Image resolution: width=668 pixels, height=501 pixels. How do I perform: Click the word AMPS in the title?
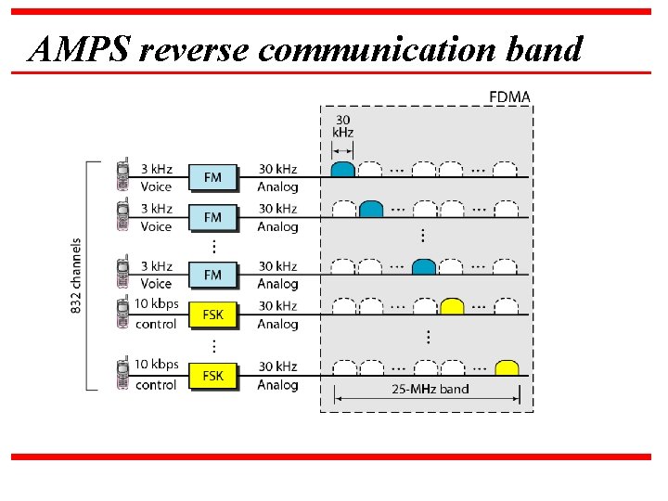pos(79,48)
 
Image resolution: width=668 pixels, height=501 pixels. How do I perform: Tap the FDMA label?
pos(509,97)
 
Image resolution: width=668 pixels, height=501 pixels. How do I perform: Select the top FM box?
pos(212,177)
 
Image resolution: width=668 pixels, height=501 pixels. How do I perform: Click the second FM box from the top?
pos(212,217)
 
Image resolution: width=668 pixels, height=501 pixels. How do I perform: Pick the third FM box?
pos(212,275)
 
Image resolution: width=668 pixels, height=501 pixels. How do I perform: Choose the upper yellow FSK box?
pos(212,315)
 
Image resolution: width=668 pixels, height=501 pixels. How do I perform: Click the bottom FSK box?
pos(212,375)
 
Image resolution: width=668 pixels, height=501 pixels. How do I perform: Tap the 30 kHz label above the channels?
pos(342,126)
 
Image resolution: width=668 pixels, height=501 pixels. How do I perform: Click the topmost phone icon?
pos(122,176)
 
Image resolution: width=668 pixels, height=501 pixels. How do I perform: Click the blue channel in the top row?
pos(342,170)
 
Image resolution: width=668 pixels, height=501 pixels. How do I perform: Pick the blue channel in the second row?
pos(371,210)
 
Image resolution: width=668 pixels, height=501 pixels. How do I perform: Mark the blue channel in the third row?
pos(424,267)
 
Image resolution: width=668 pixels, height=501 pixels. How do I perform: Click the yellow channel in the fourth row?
pos(452,307)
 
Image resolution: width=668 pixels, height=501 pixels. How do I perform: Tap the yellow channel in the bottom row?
pos(506,367)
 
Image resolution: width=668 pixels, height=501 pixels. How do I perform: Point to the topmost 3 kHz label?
pos(156,169)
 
